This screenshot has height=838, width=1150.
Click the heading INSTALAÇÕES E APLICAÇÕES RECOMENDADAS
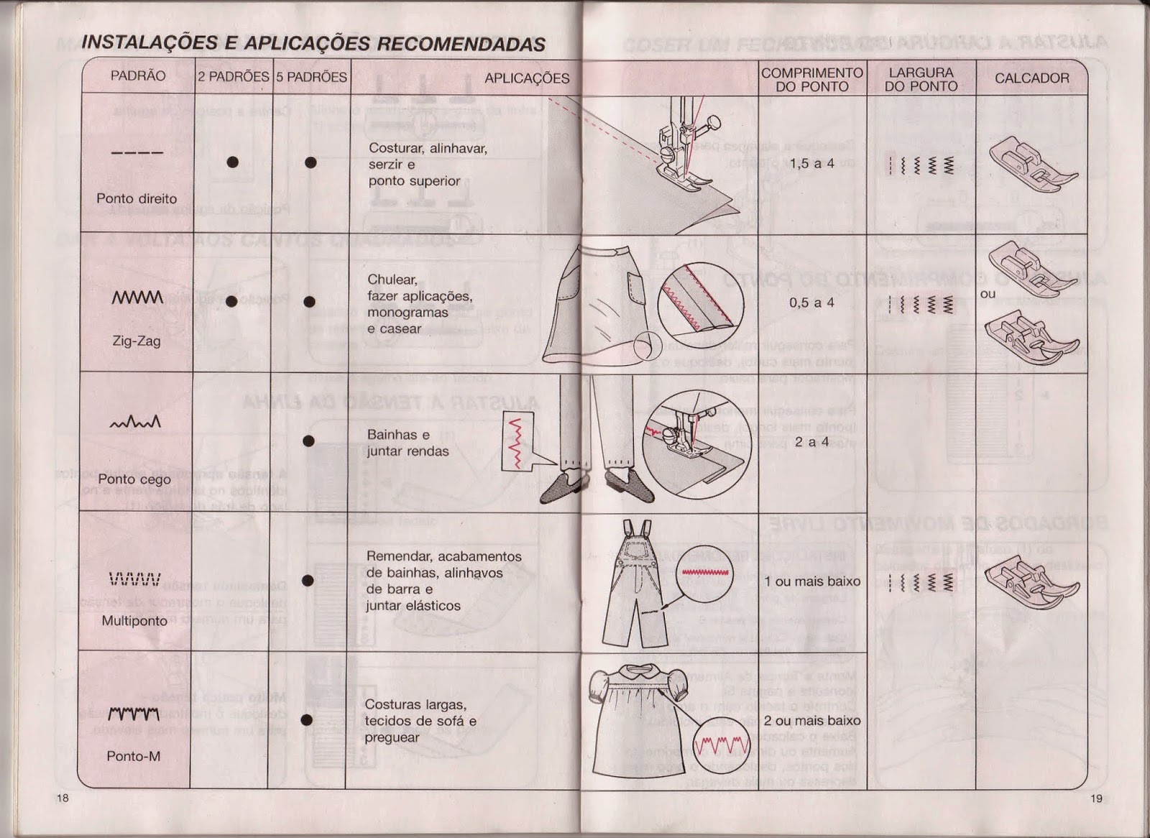(x=313, y=43)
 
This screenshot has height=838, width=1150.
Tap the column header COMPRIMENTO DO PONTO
(x=812, y=79)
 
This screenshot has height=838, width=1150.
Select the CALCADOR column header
(x=1031, y=78)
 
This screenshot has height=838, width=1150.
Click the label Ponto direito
(x=137, y=198)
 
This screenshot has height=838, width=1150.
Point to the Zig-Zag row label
(x=137, y=341)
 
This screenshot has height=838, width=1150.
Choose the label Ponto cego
(x=134, y=479)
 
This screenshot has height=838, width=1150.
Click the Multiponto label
(x=134, y=620)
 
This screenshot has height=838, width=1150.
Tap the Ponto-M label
(x=134, y=756)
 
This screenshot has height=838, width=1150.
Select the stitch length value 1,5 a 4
(x=812, y=163)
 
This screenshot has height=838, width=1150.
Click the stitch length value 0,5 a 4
(x=812, y=303)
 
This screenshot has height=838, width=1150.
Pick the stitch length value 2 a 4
(x=812, y=442)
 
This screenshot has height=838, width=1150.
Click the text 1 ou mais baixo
(x=812, y=581)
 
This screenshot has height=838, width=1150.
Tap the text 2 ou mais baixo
(x=812, y=721)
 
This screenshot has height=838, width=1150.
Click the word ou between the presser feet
(x=988, y=294)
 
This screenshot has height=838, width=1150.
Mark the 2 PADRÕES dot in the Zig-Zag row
(x=231, y=302)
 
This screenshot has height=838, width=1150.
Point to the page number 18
(x=63, y=799)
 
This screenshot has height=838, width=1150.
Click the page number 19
(x=1096, y=798)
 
